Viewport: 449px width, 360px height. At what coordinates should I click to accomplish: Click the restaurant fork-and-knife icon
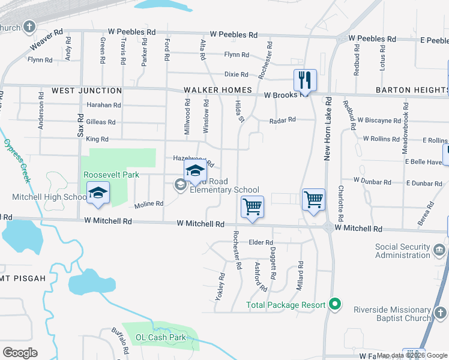pyautogui.click(x=305, y=80)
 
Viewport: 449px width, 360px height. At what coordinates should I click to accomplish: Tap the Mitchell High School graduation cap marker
pyautogui.click(x=98, y=193)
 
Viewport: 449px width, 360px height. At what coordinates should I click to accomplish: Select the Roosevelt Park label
pyautogui.click(x=111, y=175)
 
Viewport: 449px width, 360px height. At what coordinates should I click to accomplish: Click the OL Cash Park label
pyautogui.click(x=161, y=337)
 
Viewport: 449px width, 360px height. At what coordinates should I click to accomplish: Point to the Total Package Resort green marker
pyautogui.click(x=336, y=305)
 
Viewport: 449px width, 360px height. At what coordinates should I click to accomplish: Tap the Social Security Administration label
pyautogui.click(x=403, y=251)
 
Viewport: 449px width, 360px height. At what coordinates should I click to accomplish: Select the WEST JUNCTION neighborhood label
pyautogui.click(x=86, y=91)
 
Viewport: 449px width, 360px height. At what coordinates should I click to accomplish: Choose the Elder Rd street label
pyautogui.click(x=261, y=242)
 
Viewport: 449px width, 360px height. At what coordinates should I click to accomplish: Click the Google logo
pyautogui.click(x=19, y=353)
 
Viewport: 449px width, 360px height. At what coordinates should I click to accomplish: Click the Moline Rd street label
pyautogui.click(x=148, y=204)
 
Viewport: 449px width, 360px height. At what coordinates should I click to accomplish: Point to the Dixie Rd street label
pyautogui.click(x=236, y=74)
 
